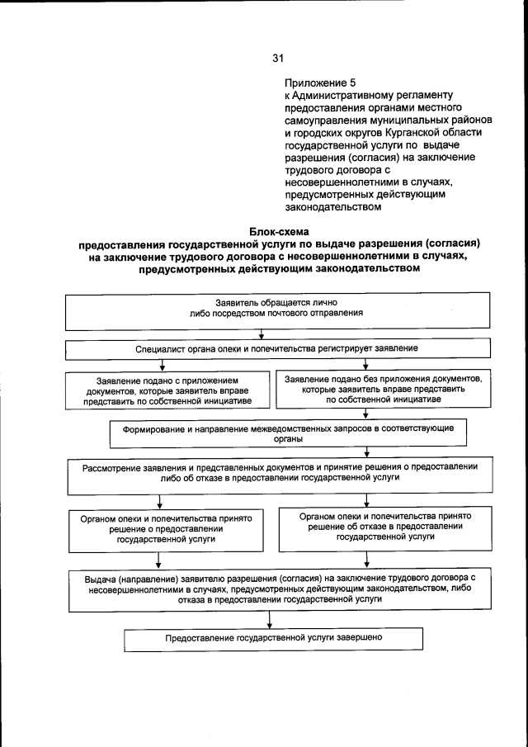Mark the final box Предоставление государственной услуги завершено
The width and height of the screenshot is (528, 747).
(273, 639)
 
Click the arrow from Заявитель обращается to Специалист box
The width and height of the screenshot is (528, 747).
(262, 334)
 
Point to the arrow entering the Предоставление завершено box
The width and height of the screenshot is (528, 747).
(271, 622)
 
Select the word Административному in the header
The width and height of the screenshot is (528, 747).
(340, 96)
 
